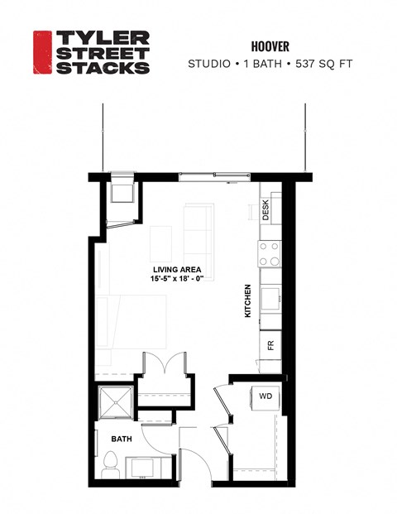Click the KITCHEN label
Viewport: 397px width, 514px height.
click(247, 302)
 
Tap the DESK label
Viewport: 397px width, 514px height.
click(265, 210)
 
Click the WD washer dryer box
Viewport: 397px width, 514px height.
click(265, 396)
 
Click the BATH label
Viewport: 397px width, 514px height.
click(122, 438)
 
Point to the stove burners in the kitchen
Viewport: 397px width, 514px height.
click(270, 253)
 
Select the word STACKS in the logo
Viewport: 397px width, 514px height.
click(102, 66)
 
